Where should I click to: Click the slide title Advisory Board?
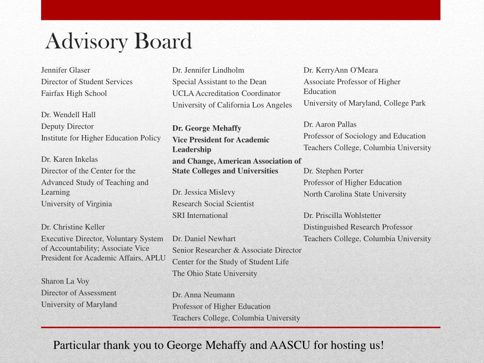pos(119,42)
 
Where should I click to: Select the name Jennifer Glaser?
pos(66,70)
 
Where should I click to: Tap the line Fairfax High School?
pos(74,93)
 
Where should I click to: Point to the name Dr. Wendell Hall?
pos(69,114)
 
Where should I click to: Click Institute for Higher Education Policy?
pos(101,138)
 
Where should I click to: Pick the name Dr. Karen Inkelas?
pos(69,159)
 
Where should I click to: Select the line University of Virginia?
pos(77,204)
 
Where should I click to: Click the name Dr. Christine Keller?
pos(73,227)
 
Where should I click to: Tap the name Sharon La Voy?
pos(65,281)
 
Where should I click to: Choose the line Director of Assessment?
pos(78,293)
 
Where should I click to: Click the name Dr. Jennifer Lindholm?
pos(208,70)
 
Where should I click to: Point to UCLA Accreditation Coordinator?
pos(226,93)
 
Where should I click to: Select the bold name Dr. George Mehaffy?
pos(207,128)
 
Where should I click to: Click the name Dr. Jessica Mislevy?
pos(204,192)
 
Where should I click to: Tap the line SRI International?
pos(200,215)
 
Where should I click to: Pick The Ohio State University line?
pos(215,273)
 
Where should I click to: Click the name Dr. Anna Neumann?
pos(204,294)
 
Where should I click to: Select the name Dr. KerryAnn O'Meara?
pos(341,70)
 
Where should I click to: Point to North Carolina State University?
pos(355,194)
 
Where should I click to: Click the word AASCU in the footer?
pos(290,345)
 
